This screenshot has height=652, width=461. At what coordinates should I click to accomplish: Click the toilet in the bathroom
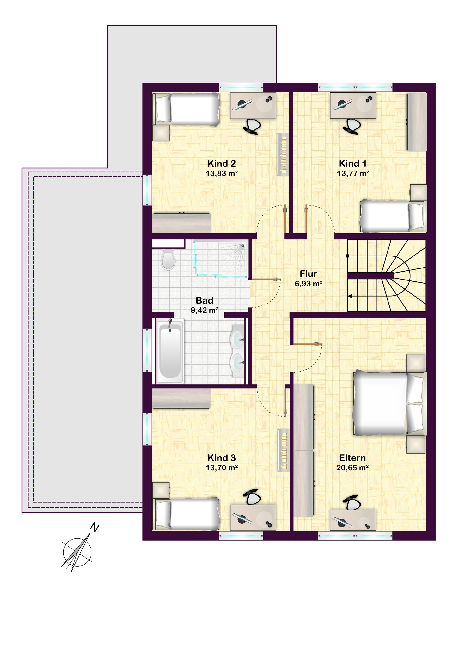[168, 259]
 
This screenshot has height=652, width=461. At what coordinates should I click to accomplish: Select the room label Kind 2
[222, 164]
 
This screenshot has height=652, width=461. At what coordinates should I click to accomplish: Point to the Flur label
[308, 274]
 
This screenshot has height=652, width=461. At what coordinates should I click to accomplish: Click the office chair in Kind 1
[352, 126]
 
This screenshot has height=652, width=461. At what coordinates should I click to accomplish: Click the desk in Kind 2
[253, 106]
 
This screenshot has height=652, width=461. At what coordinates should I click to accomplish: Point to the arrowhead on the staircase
[350, 296]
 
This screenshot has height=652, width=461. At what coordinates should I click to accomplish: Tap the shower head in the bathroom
[243, 246]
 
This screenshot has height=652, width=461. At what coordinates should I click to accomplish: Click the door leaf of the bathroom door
[265, 280]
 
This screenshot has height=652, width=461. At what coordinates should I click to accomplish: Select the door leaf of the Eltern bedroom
[306, 344]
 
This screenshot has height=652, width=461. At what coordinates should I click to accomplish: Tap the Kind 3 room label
[222, 458]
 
